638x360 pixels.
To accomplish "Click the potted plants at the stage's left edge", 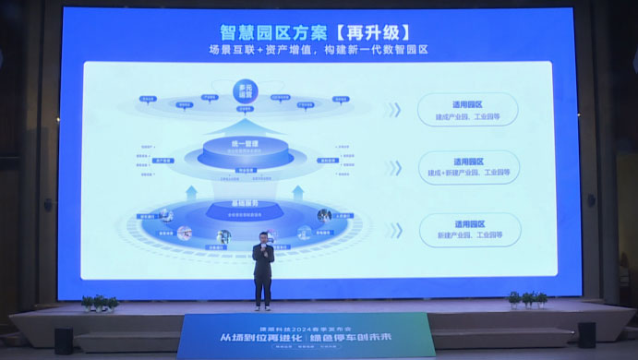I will pos(99,302).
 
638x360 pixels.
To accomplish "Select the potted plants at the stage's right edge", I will pos(527,299).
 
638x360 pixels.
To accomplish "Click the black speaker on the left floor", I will pos(64,341).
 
